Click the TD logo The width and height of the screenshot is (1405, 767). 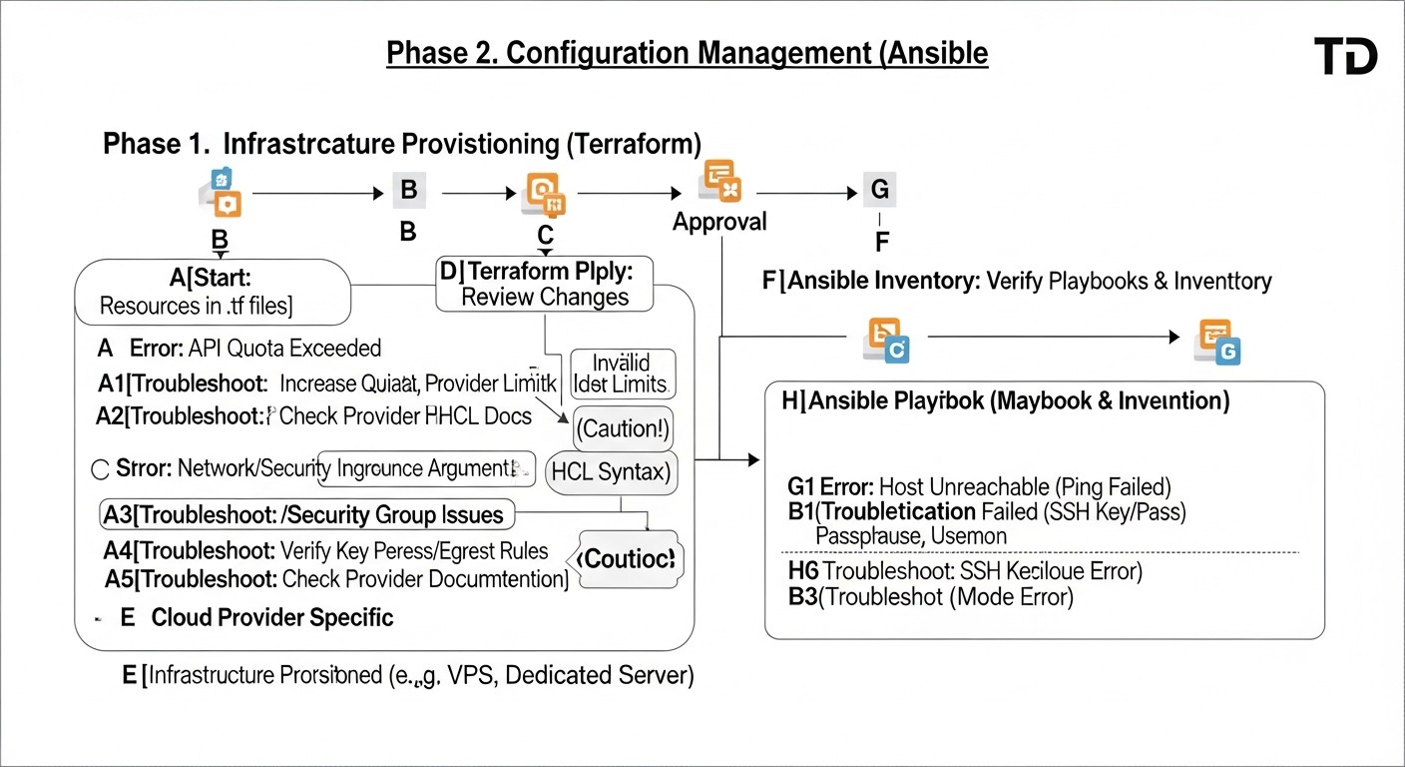[x=1345, y=56]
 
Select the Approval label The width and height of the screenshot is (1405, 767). [x=719, y=222]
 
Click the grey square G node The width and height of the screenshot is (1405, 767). [x=878, y=190]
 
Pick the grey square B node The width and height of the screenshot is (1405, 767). [x=408, y=190]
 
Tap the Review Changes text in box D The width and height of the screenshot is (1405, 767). [x=545, y=297]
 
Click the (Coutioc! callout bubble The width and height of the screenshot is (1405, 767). [x=629, y=559]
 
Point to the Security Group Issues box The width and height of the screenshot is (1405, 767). [x=307, y=515]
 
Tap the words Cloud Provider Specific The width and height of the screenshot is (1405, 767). [x=271, y=617]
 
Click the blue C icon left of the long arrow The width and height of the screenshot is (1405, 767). [x=884, y=342]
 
